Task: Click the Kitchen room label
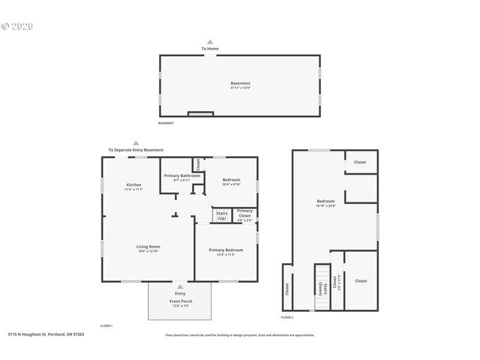click(134, 184)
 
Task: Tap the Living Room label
click(148, 246)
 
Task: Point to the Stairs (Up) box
click(222, 215)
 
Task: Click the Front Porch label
click(181, 301)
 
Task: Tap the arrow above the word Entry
click(180, 286)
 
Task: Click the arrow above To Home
click(210, 42)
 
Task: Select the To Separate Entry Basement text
click(136, 150)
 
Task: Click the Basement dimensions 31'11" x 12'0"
click(240, 88)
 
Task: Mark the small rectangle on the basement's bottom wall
click(199, 114)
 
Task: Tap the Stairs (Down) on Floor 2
click(321, 286)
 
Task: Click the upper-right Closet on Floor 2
click(360, 162)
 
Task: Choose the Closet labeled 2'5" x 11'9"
click(335, 283)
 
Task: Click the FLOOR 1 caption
click(106, 325)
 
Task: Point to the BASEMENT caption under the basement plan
click(166, 123)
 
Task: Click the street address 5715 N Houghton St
click(46, 335)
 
